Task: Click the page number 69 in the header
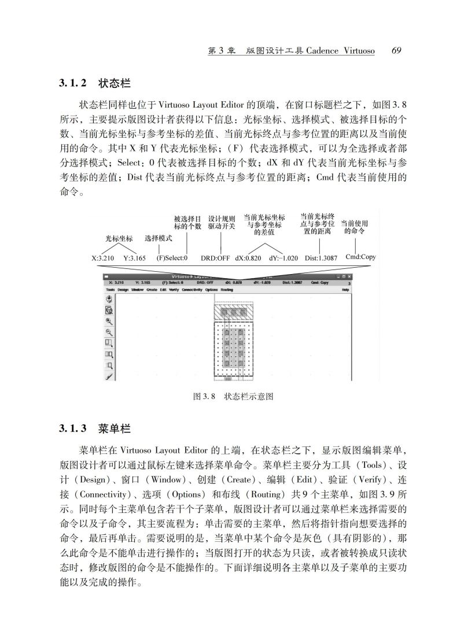(x=396, y=51)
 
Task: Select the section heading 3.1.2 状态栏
(x=94, y=83)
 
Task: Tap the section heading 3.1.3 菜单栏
(x=94, y=429)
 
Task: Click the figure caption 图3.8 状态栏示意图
(x=233, y=397)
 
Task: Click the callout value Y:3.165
(x=134, y=258)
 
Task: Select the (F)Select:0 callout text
(x=172, y=258)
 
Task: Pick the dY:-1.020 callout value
(x=283, y=258)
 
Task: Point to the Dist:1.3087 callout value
(x=320, y=258)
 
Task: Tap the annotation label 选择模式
(x=159, y=238)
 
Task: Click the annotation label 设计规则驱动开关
(x=222, y=223)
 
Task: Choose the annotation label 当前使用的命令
(x=355, y=227)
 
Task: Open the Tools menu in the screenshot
(x=110, y=289)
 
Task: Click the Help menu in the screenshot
(x=345, y=289)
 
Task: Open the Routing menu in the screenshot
(x=227, y=289)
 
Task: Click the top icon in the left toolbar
(x=108, y=299)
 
